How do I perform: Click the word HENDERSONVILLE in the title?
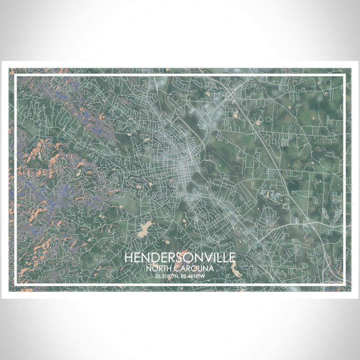(x=180, y=257)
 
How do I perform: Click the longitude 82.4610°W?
(x=196, y=278)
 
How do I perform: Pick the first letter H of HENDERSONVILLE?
(x=127, y=257)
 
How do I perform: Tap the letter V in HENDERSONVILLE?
(x=204, y=257)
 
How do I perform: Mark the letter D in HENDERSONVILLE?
(x=152, y=257)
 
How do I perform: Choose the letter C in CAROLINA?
(x=178, y=268)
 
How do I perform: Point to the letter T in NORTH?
(x=168, y=268)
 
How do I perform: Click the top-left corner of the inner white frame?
(x=16, y=76)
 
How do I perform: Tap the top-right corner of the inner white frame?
(x=344, y=76)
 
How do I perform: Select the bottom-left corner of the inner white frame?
(x=16, y=284)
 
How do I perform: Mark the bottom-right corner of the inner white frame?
(x=344, y=284)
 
